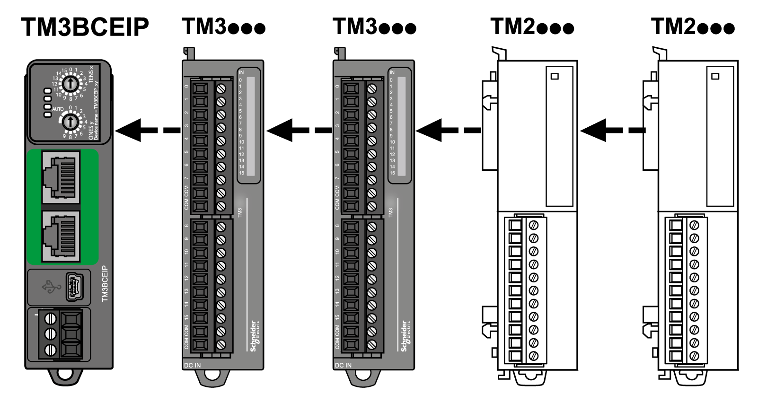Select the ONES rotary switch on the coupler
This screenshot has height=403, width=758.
click(x=70, y=122)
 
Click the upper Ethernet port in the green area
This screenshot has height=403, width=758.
click(x=61, y=177)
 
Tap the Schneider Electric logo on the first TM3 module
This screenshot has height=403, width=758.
click(x=255, y=336)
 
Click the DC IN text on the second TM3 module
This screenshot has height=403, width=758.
click(x=343, y=365)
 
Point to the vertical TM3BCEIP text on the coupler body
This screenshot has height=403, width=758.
click(x=105, y=284)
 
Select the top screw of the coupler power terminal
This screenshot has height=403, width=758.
click(x=50, y=318)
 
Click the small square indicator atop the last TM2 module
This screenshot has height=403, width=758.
click(x=715, y=76)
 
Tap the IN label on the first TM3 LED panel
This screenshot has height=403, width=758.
click(x=241, y=72)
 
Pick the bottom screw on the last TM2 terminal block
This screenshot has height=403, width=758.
click(x=694, y=356)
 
